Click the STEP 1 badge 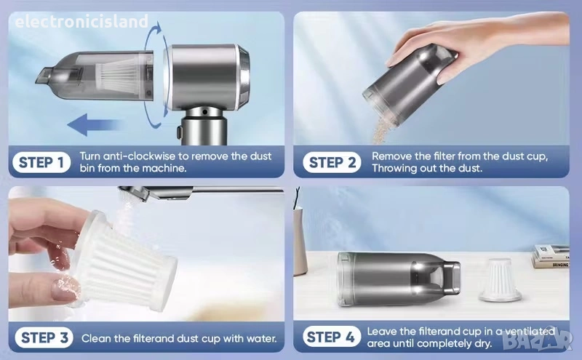[41, 163]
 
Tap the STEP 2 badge [332, 163]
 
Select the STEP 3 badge [44, 337]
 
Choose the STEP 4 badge [332, 337]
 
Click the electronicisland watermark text [81, 22]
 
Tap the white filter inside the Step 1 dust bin [119, 78]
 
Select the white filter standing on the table [500, 280]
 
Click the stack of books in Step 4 [551, 257]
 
